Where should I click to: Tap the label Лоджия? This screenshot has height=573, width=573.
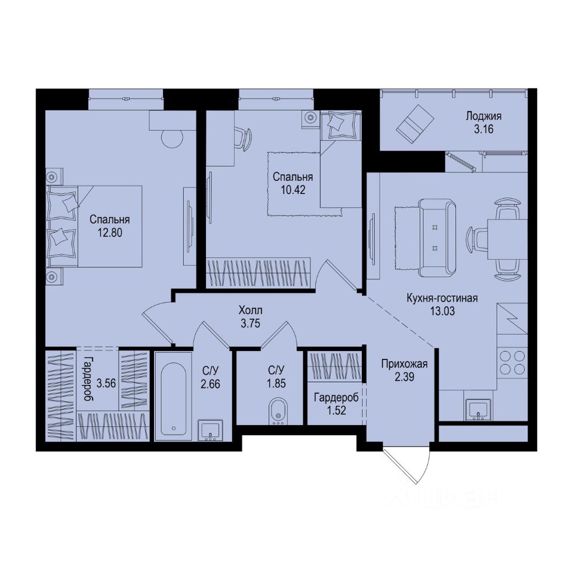pos(484,116)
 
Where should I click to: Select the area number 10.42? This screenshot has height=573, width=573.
pos(292,190)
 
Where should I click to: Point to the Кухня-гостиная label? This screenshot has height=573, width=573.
pos(442,298)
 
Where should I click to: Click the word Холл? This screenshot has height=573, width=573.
pos(250,310)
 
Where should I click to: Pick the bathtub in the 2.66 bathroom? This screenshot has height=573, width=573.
pos(172,396)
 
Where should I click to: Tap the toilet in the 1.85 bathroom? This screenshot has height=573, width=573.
pos(278,411)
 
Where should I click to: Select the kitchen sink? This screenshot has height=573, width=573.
pos(478,410)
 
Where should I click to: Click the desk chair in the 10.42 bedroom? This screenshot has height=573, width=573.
pos(242,138)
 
